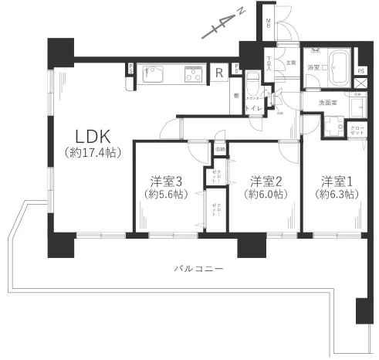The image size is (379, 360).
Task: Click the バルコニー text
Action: point(198,269)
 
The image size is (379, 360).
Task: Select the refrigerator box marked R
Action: point(221,73)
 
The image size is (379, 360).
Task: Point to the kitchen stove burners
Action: point(193,75)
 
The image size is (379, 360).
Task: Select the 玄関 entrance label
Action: point(290,62)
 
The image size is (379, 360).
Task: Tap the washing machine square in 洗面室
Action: point(334,125)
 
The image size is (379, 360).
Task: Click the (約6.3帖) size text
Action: point(338,195)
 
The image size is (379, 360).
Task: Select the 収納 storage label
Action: point(220,149)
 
